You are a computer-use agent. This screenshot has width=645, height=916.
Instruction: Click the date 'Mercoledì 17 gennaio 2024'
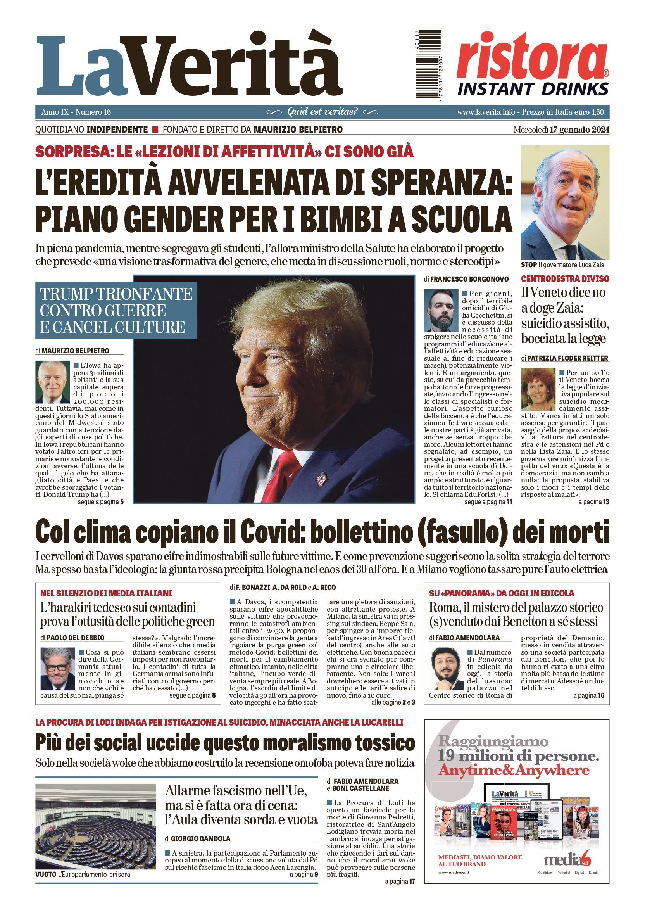coord(561,130)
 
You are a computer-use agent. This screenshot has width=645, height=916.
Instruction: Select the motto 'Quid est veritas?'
coord(322,112)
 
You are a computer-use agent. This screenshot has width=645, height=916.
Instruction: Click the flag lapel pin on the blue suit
coord(321,479)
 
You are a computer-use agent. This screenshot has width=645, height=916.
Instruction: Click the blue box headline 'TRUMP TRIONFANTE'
coord(116,294)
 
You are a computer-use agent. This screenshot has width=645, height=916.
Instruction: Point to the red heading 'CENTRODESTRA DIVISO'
coord(565,278)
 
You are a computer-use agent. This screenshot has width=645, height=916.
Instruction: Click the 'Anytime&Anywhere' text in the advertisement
coord(514,771)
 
